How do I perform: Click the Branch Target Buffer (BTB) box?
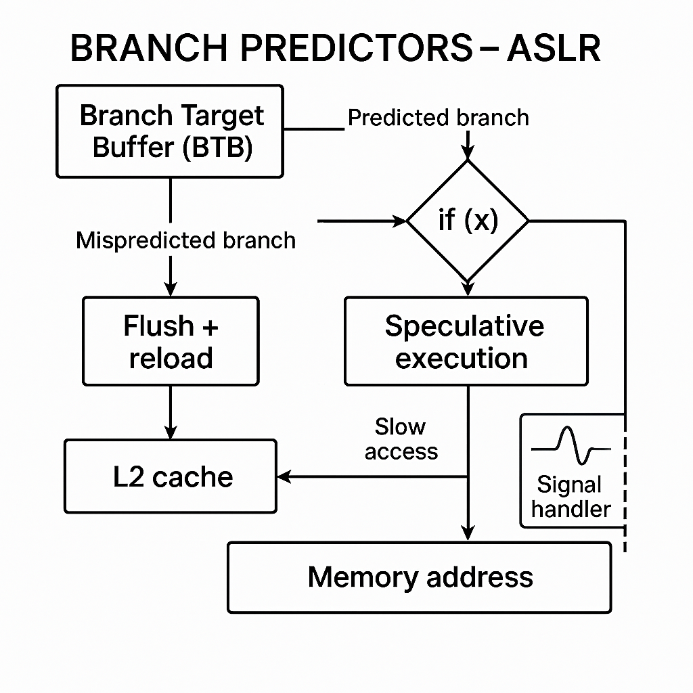tap(169, 131)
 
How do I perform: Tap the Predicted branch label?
tap(438, 118)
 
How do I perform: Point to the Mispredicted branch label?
tap(185, 240)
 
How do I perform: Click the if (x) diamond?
tap(467, 221)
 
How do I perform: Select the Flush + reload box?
tap(171, 341)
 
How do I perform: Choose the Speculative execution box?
tap(466, 341)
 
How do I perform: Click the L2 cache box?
tap(171, 476)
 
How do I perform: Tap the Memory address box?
tap(420, 577)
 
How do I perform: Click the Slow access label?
tap(401, 439)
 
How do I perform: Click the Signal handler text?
tap(571, 497)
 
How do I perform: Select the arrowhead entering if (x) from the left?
tap(399, 221)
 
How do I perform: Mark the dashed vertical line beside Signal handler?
tap(624, 487)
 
